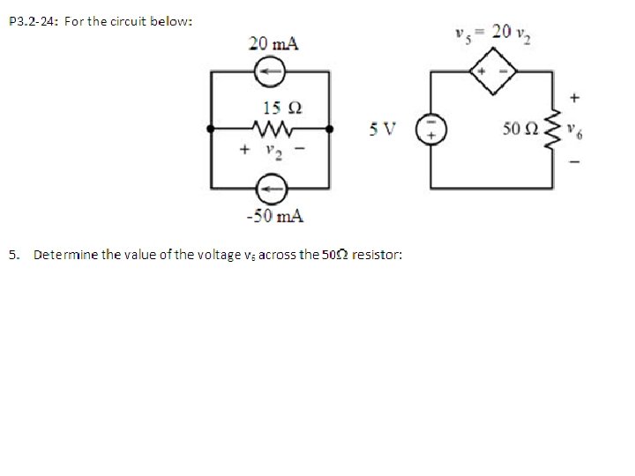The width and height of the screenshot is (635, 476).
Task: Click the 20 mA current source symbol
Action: [270, 68]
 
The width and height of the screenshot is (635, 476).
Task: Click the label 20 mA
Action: [273, 43]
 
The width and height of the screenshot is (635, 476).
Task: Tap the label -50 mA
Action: [274, 216]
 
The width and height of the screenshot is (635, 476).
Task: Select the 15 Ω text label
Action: [282, 107]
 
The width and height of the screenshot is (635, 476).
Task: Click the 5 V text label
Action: [383, 129]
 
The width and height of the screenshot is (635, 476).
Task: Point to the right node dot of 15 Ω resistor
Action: [330, 129]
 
